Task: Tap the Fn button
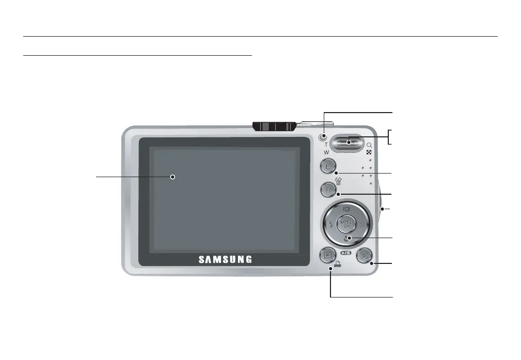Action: [328, 190]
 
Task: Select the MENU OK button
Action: [346, 224]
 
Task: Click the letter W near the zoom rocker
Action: [326, 153]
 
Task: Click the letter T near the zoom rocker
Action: [326, 145]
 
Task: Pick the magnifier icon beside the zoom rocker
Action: [369, 146]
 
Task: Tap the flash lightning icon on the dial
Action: [330, 225]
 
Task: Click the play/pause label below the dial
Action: [346, 254]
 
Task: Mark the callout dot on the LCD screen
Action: [173, 177]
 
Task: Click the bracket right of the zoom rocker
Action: [390, 137]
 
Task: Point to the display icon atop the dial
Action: [346, 209]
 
